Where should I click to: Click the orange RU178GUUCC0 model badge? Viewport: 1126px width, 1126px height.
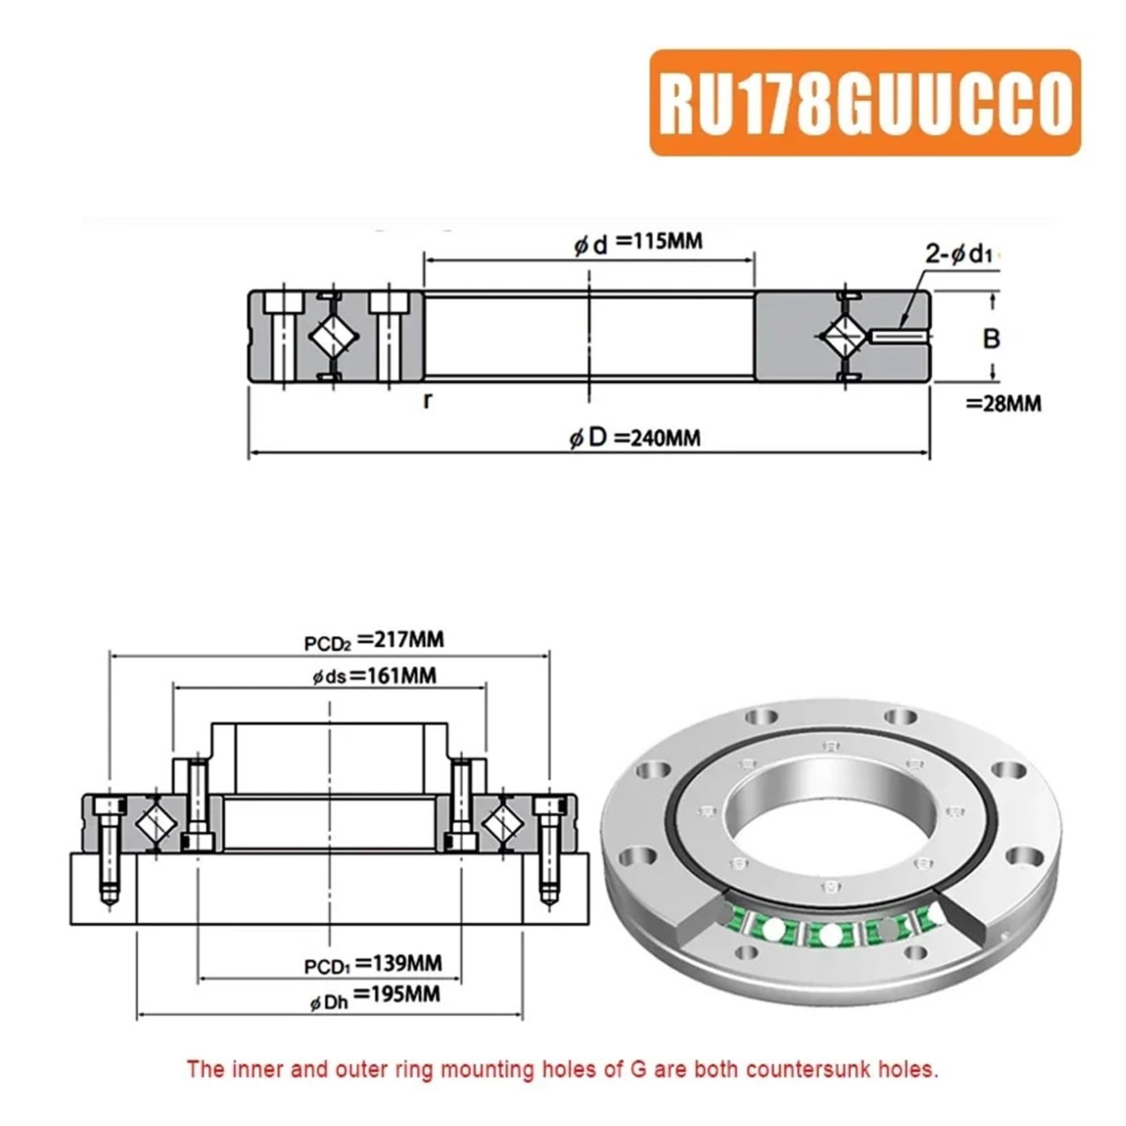865,103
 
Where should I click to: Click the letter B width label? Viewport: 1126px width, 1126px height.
991,339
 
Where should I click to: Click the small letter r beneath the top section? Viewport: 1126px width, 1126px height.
428,400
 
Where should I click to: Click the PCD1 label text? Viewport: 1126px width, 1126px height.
327,966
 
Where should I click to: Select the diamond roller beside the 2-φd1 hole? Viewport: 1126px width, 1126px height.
846,337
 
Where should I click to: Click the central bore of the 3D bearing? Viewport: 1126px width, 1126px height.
830,816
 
